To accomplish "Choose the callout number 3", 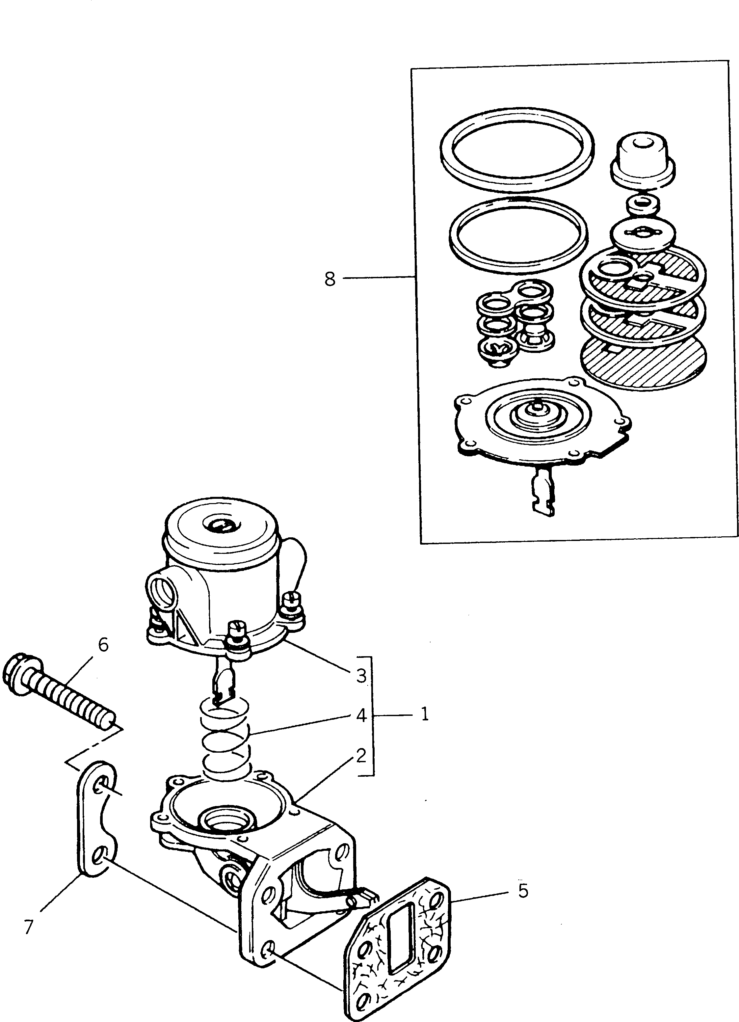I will [361, 676].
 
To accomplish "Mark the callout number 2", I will [361, 756].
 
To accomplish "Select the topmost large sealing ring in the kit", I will [517, 147].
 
